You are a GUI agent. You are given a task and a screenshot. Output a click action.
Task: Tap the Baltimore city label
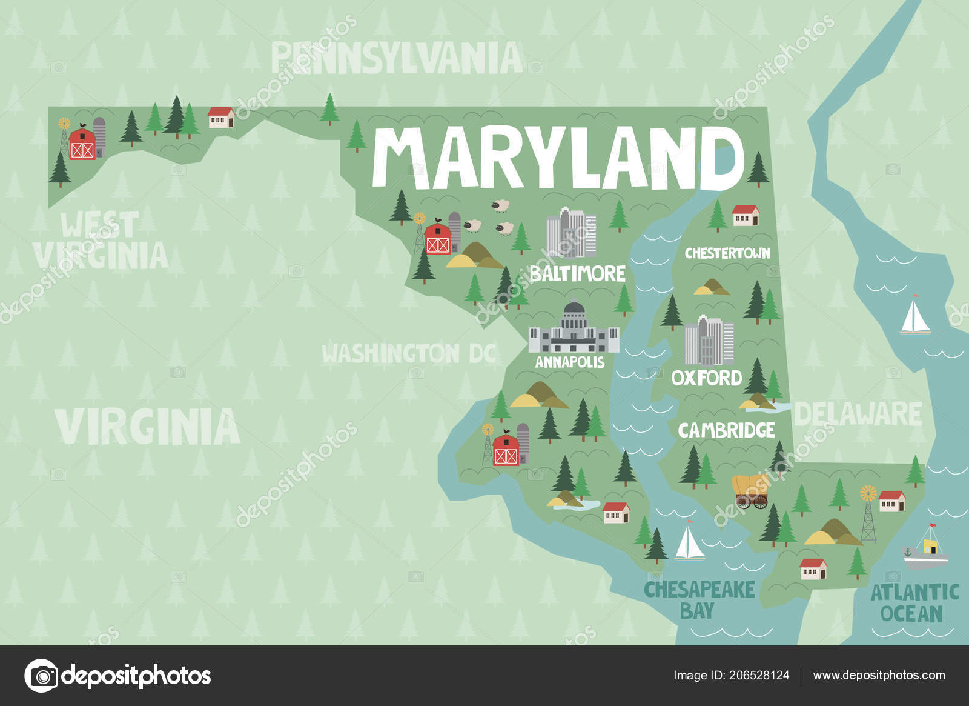pyautogui.click(x=577, y=273)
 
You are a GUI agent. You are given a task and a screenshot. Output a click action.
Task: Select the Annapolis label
pyautogui.click(x=569, y=362)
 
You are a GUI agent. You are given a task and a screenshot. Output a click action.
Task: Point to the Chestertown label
pyautogui.click(x=727, y=253)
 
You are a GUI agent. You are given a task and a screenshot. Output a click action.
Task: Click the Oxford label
pyautogui.click(x=707, y=378)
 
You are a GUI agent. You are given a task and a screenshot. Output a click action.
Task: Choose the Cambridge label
pyautogui.click(x=726, y=430)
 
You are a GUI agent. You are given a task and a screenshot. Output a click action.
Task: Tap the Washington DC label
pyautogui.click(x=409, y=353)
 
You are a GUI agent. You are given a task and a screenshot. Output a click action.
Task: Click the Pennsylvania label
pyautogui.click(x=397, y=58)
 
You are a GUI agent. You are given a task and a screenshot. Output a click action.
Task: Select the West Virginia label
pyautogui.click(x=101, y=240)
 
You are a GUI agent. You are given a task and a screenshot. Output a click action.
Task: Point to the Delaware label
pyautogui.click(x=858, y=414)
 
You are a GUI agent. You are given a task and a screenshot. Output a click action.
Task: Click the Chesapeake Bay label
pyautogui.click(x=699, y=599)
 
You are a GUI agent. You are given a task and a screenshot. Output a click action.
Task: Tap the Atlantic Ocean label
pyautogui.click(x=914, y=602)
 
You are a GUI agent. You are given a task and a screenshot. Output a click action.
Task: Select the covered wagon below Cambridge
pyautogui.click(x=751, y=491)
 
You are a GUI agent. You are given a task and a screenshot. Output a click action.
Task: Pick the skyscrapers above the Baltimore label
pyautogui.click(x=570, y=234)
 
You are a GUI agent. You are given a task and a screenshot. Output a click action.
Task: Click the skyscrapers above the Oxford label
pyautogui.click(x=709, y=341)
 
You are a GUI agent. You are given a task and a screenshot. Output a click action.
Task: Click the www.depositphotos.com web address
pyautogui.click(x=879, y=675)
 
